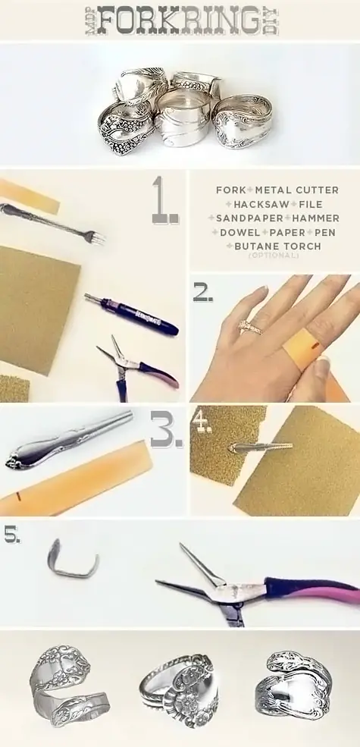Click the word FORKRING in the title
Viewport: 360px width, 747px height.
pyautogui.click(x=179, y=20)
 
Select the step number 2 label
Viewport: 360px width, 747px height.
pyautogui.click(x=202, y=293)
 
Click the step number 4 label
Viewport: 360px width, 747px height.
pyautogui.click(x=201, y=422)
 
